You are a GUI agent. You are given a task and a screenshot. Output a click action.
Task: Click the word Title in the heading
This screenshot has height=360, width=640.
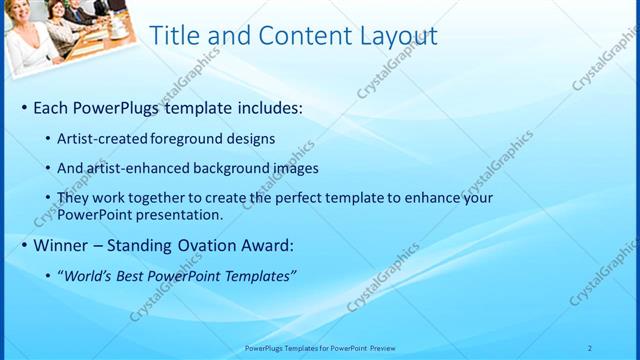point(173,37)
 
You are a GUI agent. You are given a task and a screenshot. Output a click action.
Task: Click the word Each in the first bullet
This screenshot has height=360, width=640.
point(52,106)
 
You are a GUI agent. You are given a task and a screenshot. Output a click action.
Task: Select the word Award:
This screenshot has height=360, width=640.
point(268,245)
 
